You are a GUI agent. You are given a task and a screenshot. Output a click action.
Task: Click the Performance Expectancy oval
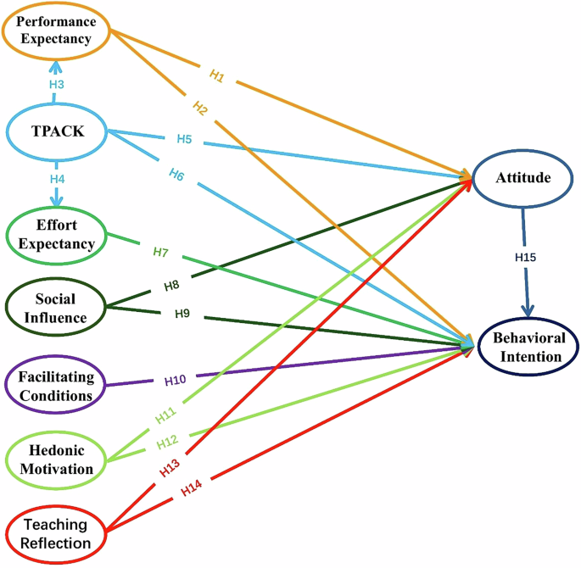point(56,31)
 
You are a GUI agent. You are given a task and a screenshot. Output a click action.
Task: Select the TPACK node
point(56,131)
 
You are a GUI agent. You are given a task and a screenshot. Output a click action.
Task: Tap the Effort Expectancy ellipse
point(56,234)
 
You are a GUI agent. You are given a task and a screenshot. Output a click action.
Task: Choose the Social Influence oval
point(56,309)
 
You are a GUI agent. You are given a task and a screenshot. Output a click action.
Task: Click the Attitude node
point(523,179)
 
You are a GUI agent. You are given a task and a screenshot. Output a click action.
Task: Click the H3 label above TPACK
point(56,85)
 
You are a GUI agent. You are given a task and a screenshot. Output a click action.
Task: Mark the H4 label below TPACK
point(56,181)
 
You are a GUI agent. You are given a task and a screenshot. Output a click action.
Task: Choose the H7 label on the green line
point(162,252)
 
